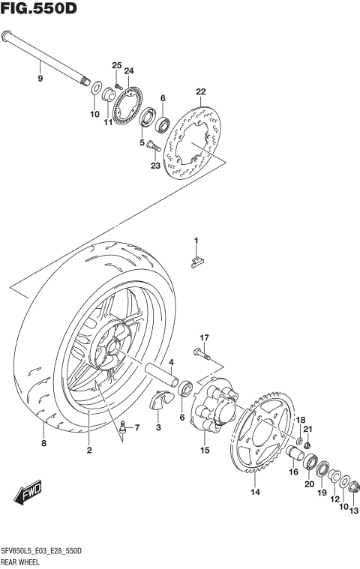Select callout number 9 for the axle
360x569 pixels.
pyautogui.click(x=40, y=77)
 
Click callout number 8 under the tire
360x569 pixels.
pyautogui.click(x=43, y=445)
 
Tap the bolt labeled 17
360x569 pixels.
pyautogui.click(x=200, y=356)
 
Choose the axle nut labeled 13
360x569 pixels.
pyautogui.click(x=353, y=491)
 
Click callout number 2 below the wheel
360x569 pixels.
pyautogui.click(x=88, y=450)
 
